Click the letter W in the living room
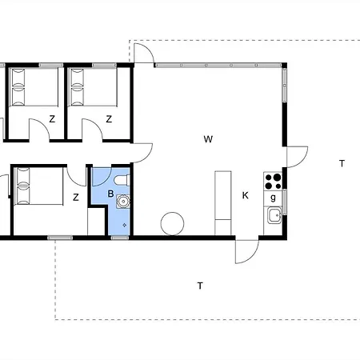(208, 139)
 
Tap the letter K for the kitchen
(246, 195)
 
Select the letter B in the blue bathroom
(110, 194)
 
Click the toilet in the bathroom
(122, 180)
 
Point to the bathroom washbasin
(123, 202)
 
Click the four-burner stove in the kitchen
(273, 182)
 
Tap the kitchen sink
(274, 215)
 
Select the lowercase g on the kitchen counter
(273, 198)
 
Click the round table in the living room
(172, 223)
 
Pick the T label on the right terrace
(342, 163)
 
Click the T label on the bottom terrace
(200, 286)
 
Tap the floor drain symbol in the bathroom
(125, 226)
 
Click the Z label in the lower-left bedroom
(76, 198)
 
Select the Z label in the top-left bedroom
(52, 119)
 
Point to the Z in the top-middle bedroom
(109, 119)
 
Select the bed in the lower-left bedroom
(38, 186)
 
